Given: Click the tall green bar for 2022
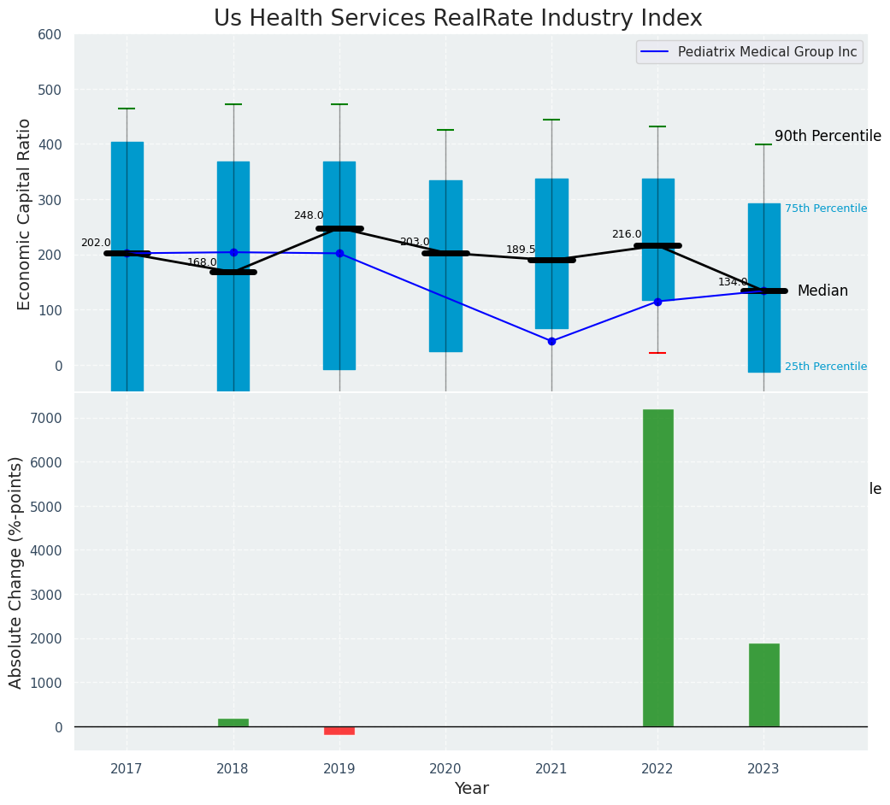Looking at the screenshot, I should [657, 567].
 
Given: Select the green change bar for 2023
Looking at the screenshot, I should [763, 685].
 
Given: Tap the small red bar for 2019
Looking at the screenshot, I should [339, 731].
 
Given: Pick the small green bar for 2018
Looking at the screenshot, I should [233, 722].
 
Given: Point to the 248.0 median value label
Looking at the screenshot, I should [309, 215].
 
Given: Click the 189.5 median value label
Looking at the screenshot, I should [521, 250].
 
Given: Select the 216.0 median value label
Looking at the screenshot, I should [627, 234].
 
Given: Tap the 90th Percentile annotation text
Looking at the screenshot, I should [828, 137].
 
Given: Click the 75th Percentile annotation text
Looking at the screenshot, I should [826, 209].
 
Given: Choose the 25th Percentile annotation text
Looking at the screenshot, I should [826, 367].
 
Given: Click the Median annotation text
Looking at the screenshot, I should [822, 291].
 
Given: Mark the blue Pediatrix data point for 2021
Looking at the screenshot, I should [551, 341].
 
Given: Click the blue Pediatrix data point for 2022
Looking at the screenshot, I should [657, 302].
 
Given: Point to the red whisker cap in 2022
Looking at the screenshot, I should [657, 353].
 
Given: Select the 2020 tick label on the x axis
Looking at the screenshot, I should [445, 768].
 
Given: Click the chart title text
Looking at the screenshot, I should [457, 19].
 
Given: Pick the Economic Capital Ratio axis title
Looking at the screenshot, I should [26, 214].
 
